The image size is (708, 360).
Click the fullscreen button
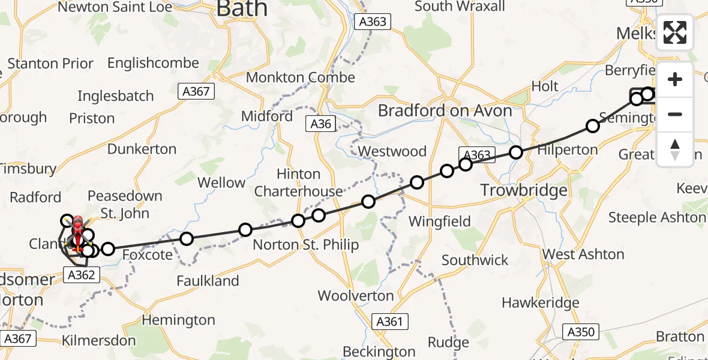coord(675,32)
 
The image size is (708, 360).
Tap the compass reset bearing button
coord(675,149)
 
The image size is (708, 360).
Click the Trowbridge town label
coord(524,191)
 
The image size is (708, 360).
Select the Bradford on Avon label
coord(445,111)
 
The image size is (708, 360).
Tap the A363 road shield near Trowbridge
coord(478,155)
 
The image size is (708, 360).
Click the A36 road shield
coord(321,124)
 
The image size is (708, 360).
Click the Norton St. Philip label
coord(305,245)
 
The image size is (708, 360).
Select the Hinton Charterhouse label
coord(298,182)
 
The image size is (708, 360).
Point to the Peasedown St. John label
coord(125,204)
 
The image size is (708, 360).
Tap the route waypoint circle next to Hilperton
coord(516,152)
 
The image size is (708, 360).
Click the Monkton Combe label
coord(301,78)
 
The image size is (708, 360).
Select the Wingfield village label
coord(439,222)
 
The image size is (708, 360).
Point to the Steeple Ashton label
coord(656,217)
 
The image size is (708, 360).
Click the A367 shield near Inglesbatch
coord(196,91)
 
